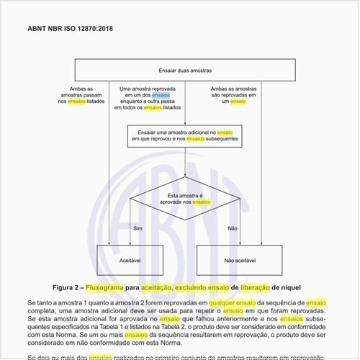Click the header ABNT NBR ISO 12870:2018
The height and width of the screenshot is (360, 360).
(71, 29)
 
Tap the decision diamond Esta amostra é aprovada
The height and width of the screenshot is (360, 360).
(189, 199)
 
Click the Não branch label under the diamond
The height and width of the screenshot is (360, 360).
(232, 228)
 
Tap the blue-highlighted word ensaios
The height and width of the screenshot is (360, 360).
(161, 94)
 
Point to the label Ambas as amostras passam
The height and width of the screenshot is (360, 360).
(81, 94)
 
